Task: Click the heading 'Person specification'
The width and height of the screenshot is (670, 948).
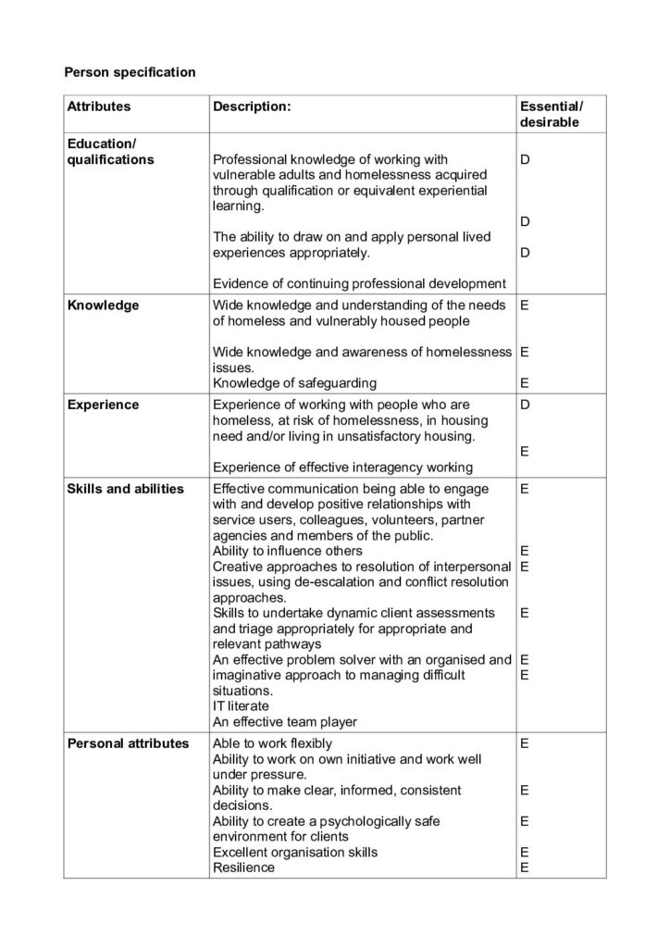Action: click(x=129, y=71)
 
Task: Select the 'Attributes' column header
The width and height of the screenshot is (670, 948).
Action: click(x=99, y=106)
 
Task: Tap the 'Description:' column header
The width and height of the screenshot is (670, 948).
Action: click(x=252, y=106)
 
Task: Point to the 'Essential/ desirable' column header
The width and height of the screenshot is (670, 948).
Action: click(x=552, y=114)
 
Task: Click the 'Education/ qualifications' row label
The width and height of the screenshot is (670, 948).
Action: click(x=110, y=152)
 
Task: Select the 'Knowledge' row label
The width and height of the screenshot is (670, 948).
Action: click(x=103, y=305)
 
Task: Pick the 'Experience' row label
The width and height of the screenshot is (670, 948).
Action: click(x=103, y=405)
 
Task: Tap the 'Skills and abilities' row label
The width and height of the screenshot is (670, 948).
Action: click(x=125, y=489)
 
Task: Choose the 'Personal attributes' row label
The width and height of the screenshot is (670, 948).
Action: click(x=128, y=743)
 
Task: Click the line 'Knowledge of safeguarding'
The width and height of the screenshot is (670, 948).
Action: click(x=294, y=382)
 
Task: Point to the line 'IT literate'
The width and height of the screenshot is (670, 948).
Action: click(x=242, y=705)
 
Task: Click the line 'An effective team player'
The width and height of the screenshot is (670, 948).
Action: click(x=284, y=721)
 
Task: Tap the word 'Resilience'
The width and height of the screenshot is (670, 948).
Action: click(x=243, y=867)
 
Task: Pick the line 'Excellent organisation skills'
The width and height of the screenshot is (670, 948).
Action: click(x=294, y=852)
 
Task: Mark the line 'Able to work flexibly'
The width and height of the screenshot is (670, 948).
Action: click(x=272, y=743)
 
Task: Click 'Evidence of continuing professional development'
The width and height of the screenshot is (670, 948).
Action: click(x=359, y=283)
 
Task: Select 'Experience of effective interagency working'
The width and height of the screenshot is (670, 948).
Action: click(x=342, y=468)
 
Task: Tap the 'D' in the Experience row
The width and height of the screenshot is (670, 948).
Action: click(x=525, y=405)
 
